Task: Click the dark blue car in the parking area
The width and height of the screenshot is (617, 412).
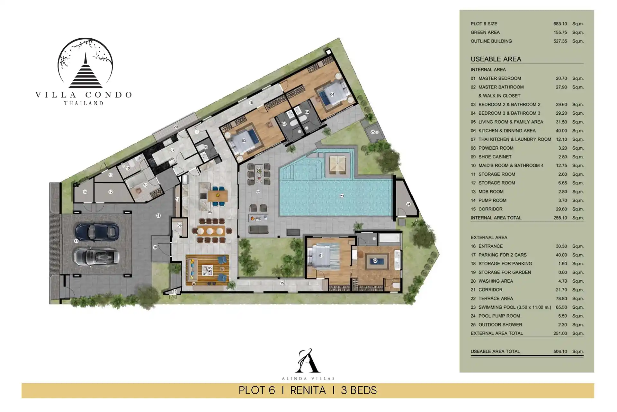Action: [97, 231]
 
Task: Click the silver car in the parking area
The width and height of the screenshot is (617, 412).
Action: [97, 257]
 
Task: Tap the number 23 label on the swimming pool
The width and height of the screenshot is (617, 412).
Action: [342, 196]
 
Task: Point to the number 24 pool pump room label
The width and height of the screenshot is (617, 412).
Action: [408, 204]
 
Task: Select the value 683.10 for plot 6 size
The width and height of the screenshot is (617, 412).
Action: [560, 24]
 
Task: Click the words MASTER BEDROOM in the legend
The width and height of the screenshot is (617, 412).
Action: [500, 79]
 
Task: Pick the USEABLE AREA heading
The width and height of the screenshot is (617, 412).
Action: [496, 59]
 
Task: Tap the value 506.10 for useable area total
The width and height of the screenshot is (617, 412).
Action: [560, 351]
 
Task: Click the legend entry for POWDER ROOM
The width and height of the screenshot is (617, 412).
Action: [496, 148]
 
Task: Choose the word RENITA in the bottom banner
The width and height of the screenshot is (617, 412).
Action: [308, 390]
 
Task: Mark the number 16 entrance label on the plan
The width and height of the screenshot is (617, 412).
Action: [155, 247]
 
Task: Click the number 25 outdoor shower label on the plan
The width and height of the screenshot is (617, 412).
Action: [373, 132]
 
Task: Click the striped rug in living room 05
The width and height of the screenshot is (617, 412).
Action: [208, 270]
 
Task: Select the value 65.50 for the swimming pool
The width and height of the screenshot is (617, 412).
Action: [561, 307]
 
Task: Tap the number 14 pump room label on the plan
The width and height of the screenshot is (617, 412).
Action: [85, 192]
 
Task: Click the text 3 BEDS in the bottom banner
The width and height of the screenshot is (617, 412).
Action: [359, 390]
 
